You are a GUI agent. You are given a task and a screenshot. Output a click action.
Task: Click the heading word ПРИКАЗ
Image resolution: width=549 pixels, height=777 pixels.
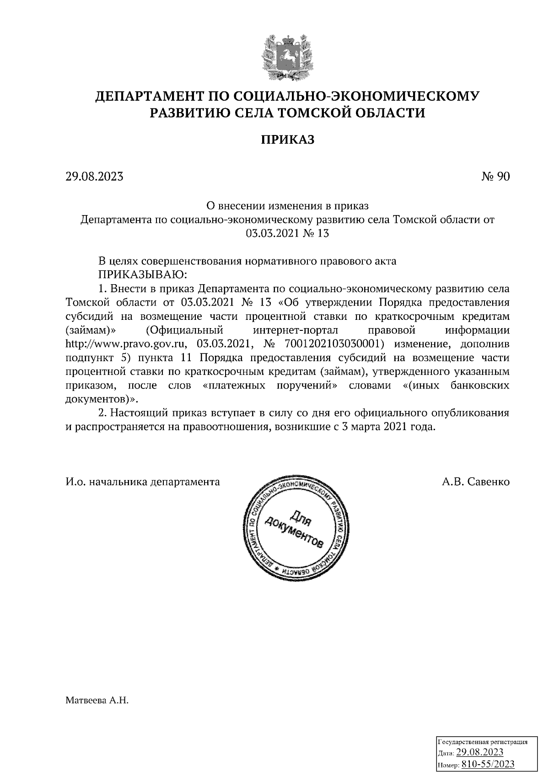coord(287,140)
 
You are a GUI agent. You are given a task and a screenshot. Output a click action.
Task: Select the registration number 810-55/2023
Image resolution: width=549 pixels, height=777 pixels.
coord(488,764)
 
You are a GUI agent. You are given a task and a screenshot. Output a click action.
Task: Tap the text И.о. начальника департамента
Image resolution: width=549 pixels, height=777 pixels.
coord(143,481)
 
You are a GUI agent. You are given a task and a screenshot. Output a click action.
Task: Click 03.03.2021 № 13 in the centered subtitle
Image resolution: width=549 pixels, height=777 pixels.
coord(287,233)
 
